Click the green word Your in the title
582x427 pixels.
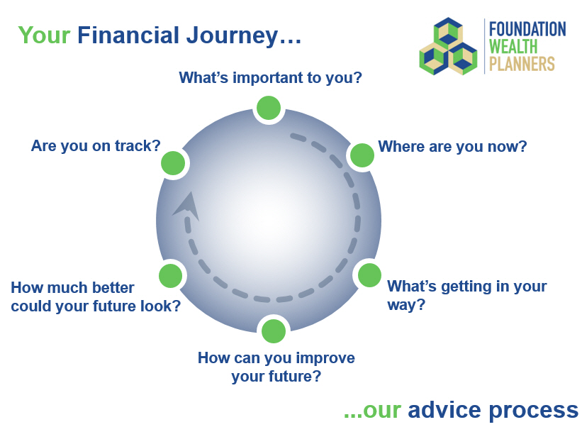pyautogui.click(x=44, y=35)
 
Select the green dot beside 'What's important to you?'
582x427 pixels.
pyautogui.click(x=269, y=108)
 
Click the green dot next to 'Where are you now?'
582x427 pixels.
pyautogui.click(x=362, y=155)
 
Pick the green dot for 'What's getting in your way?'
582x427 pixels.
pyautogui.click(x=369, y=275)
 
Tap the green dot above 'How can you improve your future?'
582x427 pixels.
pyautogui.click(x=274, y=331)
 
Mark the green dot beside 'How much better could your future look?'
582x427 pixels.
pyautogui.click(x=170, y=275)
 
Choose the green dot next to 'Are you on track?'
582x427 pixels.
pyautogui.click(x=173, y=162)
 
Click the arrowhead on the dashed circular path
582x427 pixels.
pyautogui.click(x=187, y=206)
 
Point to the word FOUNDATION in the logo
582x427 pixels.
pyautogui.click(x=527, y=29)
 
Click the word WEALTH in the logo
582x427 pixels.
pyautogui.click(x=513, y=46)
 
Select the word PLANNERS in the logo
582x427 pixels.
pyautogui.click(x=522, y=64)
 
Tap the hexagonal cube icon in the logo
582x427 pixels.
pyautogui.click(x=449, y=46)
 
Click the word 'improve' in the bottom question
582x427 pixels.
pyautogui.click(x=325, y=358)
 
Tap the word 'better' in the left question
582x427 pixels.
pyautogui.click(x=113, y=288)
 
